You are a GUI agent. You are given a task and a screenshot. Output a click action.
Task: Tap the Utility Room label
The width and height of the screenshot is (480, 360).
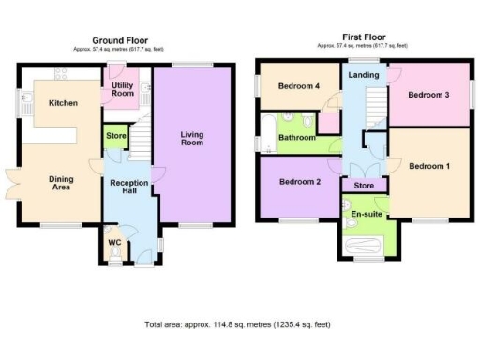pos(123,90)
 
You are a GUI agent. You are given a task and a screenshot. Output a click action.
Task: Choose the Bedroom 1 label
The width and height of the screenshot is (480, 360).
pos(429,166)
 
